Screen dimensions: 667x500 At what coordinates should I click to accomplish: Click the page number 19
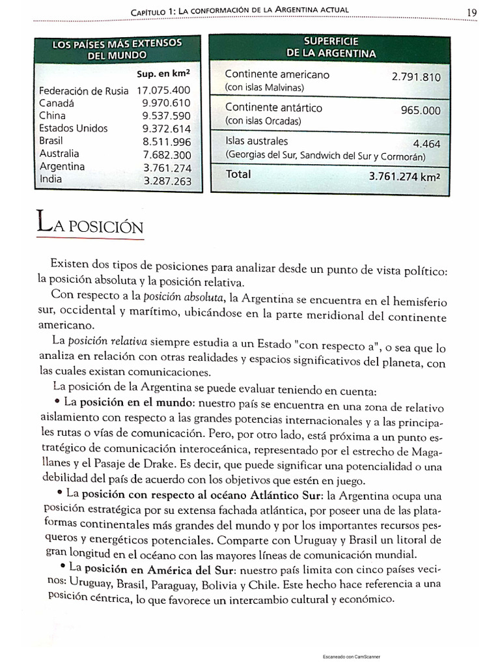[x=473, y=11]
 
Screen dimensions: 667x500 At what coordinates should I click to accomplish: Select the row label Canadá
[x=57, y=103]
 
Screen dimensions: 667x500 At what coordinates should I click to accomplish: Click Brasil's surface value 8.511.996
[x=166, y=141]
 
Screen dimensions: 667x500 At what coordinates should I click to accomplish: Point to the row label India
[x=51, y=178]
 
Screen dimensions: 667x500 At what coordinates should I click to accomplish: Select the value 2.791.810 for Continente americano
[x=416, y=77]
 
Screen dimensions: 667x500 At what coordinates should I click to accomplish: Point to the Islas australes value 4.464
[x=426, y=144]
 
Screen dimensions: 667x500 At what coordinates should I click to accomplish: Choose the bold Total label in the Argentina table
[x=238, y=175]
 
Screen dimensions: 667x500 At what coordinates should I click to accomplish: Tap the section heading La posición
[x=90, y=225]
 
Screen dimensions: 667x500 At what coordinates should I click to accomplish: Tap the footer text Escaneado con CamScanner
[x=352, y=657]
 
